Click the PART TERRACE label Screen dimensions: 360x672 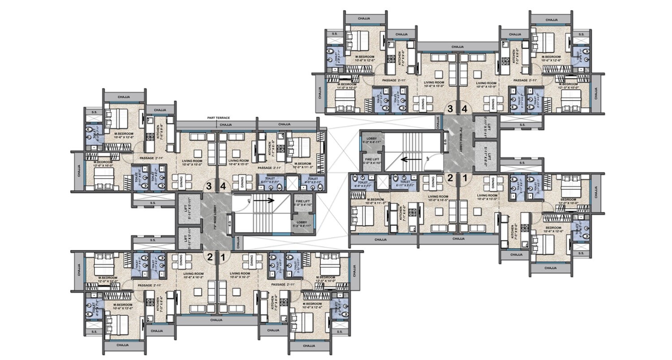pyautogui.click(x=219, y=118)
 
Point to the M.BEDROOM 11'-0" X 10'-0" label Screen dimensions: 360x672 pyautogui.click(x=348, y=86)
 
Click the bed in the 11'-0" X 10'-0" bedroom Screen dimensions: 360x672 pyautogui.click(x=345, y=104)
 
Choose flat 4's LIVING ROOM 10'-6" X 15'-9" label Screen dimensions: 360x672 pyautogui.click(x=486, y=86)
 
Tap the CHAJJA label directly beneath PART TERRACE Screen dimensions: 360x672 pyautogui.click(x=226, y=124)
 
